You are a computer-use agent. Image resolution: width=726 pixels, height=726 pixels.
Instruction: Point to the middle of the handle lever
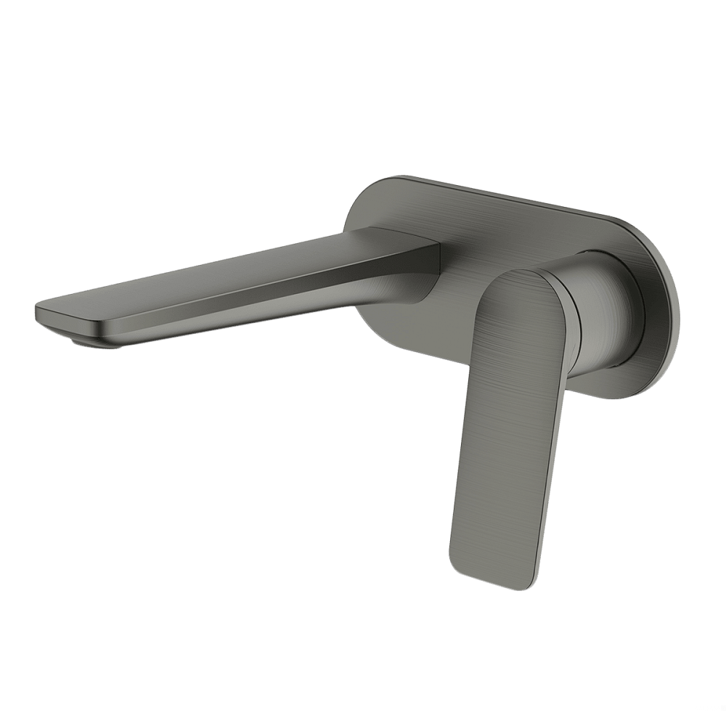coord(508,421)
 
